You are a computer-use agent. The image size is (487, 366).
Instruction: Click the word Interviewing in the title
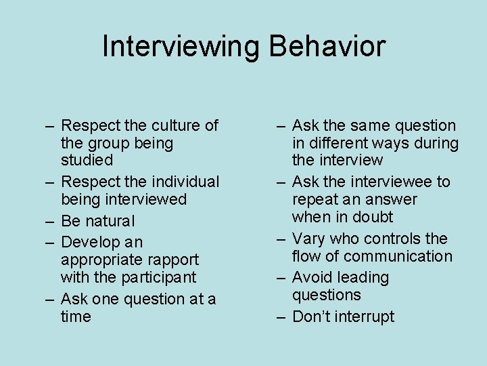tap(181, 47)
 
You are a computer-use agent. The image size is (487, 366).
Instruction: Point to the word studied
tap(87, 161)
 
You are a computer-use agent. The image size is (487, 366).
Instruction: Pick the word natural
tap(110, 221)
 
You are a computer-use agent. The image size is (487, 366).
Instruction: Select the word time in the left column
tap(76, 317)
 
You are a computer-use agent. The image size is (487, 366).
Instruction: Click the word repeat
tap(315, 200)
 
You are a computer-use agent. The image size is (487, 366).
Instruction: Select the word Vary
tap(308, 239)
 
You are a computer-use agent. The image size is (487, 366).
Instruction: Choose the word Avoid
tap(313, 278)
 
